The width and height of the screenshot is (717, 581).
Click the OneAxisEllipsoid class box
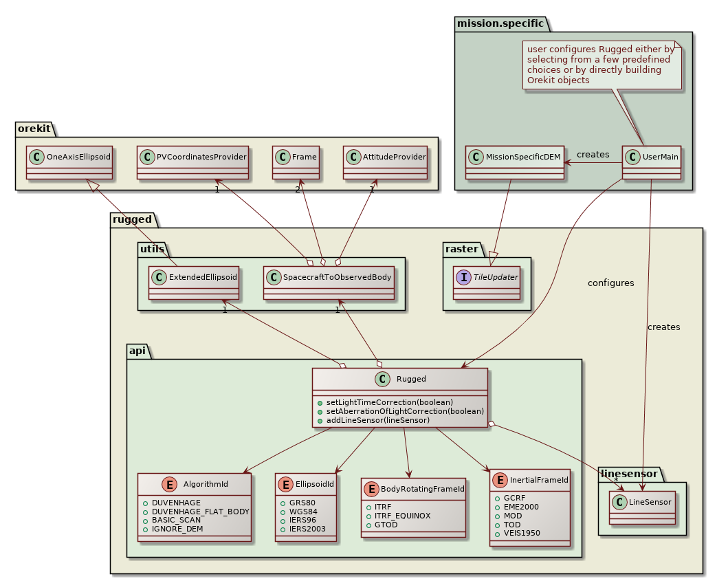(69, 162)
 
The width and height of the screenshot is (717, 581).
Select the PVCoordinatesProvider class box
(191, 162)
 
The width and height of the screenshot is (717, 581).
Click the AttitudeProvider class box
(386, 162)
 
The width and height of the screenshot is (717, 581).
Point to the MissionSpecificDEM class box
(515, 162)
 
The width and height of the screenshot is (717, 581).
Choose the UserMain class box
(651, 162)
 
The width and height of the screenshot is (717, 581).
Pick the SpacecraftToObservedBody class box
(329, 283)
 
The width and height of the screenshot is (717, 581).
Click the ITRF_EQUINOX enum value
(402, 515)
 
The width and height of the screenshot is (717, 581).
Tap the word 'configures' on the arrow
(610, 283)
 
